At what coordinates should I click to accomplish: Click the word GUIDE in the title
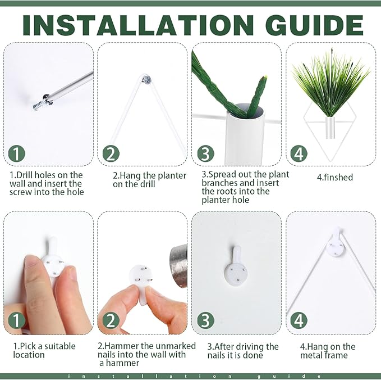coord(314,25)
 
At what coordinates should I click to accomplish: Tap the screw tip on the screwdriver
coord(38,106)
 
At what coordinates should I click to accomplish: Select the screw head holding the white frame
coord(147,79)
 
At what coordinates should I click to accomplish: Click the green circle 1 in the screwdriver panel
coord(16,153)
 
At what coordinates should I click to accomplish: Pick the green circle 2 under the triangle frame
coord(111,153)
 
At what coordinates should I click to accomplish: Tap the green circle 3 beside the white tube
coord(205,153)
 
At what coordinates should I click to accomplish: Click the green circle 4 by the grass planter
coord(299,153)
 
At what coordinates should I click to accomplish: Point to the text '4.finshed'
coord(335,177)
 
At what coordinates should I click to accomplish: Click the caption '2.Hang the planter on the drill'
coord(149,180)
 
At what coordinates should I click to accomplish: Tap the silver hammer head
coord(178,266)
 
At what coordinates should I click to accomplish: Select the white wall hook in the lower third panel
coord(236,265)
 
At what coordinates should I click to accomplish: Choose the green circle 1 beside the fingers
coord(16,320)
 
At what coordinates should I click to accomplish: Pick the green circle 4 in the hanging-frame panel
coord(299,320)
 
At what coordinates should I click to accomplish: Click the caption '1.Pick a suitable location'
coord(44,350)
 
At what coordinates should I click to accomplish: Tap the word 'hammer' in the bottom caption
coord(122,363)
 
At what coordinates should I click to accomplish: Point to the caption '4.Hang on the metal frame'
coord(328,351)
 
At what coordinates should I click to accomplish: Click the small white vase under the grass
coord(330,128)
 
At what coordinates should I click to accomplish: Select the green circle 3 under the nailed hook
coord(205,320)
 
